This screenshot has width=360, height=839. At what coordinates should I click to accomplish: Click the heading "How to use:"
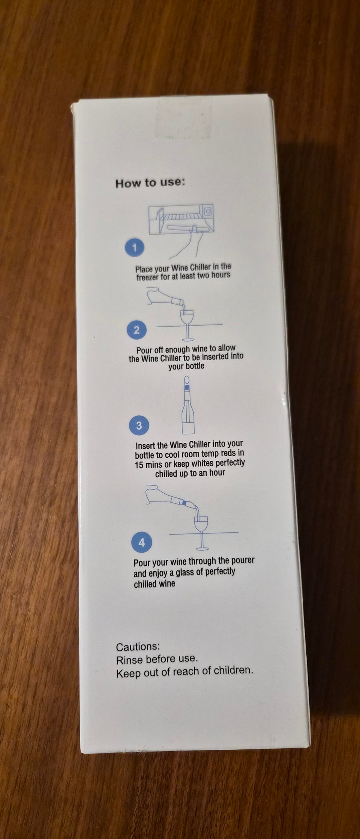click(x=150, y=183)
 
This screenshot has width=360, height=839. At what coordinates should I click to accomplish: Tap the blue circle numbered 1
click(x=135, y=247)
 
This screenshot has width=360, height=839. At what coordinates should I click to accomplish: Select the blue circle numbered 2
click(x=137, y=330)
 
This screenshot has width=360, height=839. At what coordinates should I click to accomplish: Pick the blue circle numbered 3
click(x=139, y=426)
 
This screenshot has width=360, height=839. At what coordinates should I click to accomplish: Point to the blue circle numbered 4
click(x=141, y=542)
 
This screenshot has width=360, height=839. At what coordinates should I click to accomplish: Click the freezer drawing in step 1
click(x=181, y=220)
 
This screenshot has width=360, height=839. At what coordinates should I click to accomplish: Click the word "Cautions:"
click(x=138, y=647)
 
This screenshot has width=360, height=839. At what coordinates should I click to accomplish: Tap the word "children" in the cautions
click(x=233, y=671)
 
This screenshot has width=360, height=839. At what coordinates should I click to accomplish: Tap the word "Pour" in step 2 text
click(x=144, y=350)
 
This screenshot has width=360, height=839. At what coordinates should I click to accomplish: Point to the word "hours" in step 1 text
click(x=221, y=275)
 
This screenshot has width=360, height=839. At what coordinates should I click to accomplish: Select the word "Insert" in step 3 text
click(x=146, y=446)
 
